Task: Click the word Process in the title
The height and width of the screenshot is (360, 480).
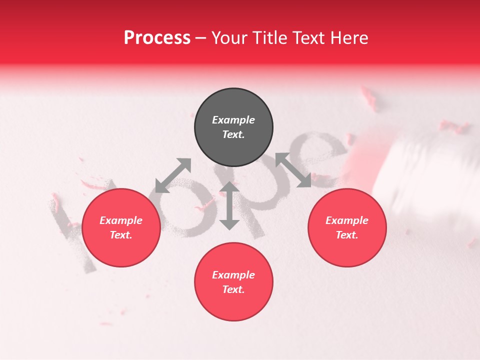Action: [x=157, y=38]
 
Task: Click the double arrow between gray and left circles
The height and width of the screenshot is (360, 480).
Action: [x=173, y=175]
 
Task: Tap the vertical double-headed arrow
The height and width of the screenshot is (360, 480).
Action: [x=229, y=205]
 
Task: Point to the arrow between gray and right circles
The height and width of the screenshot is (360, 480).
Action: [x=293, y=170]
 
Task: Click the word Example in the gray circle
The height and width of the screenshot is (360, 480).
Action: [x=233, y=120]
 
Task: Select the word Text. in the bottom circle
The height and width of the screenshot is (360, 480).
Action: [x=233, y=289]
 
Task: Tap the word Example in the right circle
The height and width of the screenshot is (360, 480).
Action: [x=347, y=220]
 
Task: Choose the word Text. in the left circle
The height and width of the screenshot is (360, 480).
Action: [x=121, y=235]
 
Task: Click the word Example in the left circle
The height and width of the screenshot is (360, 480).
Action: [x=121, y=220]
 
